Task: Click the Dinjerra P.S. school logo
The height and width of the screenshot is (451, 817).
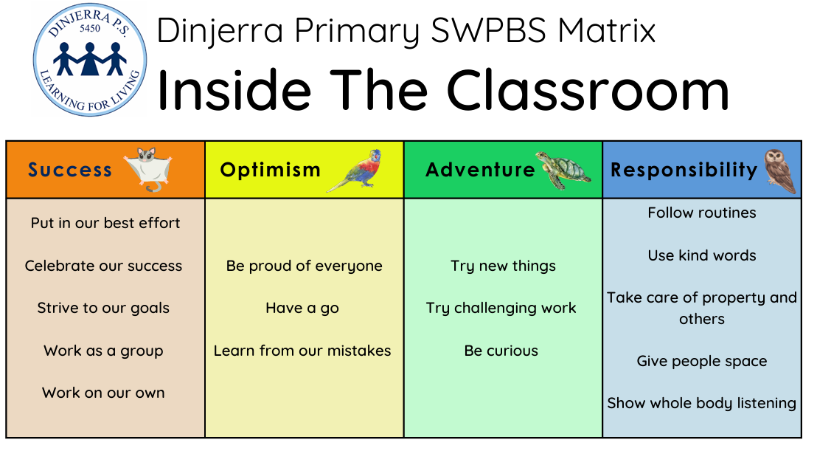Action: pyautogui.click(x=90, y=60)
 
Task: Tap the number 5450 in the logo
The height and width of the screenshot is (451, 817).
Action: pyautogui.click(x=90, y=29)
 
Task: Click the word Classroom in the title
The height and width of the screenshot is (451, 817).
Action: pyautogui.click(x=588, y=89)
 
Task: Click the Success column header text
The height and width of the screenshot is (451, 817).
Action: pyautogui.click(x=70, y=170)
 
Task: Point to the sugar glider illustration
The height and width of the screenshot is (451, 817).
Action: pyautogui.click(x=148, y=169)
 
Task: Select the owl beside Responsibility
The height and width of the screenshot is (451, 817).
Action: pyautogui.click(x=780, y=171)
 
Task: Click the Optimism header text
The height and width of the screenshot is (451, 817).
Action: pyautogui.click(x=270, y=170)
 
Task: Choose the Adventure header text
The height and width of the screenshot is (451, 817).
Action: pyautogui.click(x=480, y=170)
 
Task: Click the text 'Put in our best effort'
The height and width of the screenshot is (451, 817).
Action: pyautogui.click(x=105, y=223)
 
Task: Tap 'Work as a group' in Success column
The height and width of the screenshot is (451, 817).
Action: pyautogui.click(x=103, y=351)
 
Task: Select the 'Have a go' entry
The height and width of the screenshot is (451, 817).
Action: pyautogui.click(x=302, y=308)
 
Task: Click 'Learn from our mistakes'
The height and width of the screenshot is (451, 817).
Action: pyautogui.click(x=302, y=351)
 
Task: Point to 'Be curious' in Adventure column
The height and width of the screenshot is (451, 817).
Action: pyautogui.click(x=501, y=351)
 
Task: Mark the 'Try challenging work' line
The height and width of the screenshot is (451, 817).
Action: pyautogui.click(x=501, y=308)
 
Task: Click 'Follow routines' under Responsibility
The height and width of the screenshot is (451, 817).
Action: pyautogui.click(x=702, y=213)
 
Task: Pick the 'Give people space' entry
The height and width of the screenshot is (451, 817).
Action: pyautogui.click(x=702, y=362)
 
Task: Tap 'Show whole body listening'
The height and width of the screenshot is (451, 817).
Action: pyautogui.click(x=702, y=404)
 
